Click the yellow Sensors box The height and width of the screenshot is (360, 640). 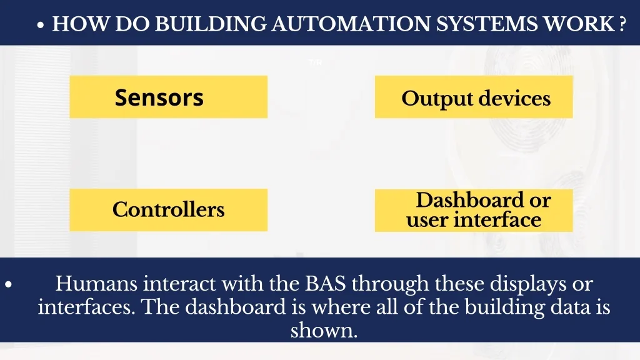168,97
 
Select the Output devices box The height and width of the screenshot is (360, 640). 474,97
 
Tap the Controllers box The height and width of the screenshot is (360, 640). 168,210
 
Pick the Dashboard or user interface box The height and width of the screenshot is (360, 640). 474,210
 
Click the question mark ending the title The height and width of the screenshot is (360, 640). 623,24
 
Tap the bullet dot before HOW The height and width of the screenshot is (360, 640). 41,26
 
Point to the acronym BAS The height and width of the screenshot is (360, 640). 326,284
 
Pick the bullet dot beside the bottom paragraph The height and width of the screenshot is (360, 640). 8,285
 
